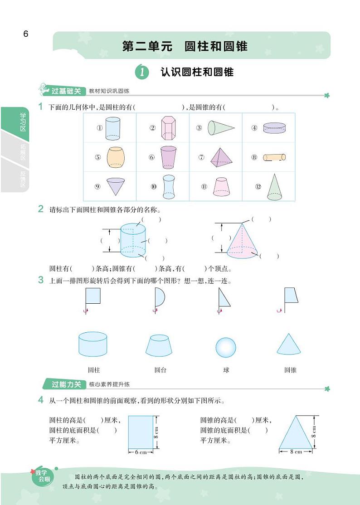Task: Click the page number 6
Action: (x=26, y=34)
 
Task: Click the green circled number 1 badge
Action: (x=142, y=72)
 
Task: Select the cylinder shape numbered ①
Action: (x=113, y=128)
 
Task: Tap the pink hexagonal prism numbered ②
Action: (x=168, y=128)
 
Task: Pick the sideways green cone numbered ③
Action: (x=221, y=128)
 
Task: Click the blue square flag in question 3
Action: (x=93, y=296)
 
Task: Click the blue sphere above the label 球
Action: (x=225, y=348)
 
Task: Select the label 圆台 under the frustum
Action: (x=160, y=370)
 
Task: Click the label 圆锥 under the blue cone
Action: (x=290, y=370)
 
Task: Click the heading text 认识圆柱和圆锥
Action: (x=197, y=72)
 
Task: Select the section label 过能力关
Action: (x=66, y=384)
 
